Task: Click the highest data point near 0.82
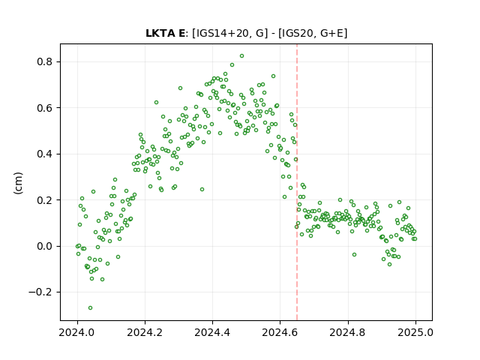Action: pos(241,56)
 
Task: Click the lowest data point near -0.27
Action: pos(90,308)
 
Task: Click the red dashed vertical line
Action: pos(297,182)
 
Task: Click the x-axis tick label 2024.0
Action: pos(77,332)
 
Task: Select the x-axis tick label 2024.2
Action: pos(145,332)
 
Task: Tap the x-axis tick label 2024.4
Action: pos(212,332)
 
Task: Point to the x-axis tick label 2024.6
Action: pos(280,332)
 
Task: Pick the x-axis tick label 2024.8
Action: pos(348,332)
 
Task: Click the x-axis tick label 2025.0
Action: pos(415,332)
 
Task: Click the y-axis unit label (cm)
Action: pos(18,183)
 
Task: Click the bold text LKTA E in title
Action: pos(165,33)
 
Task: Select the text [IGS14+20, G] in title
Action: pos(228,33)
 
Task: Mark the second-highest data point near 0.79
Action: pos(232,65)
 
